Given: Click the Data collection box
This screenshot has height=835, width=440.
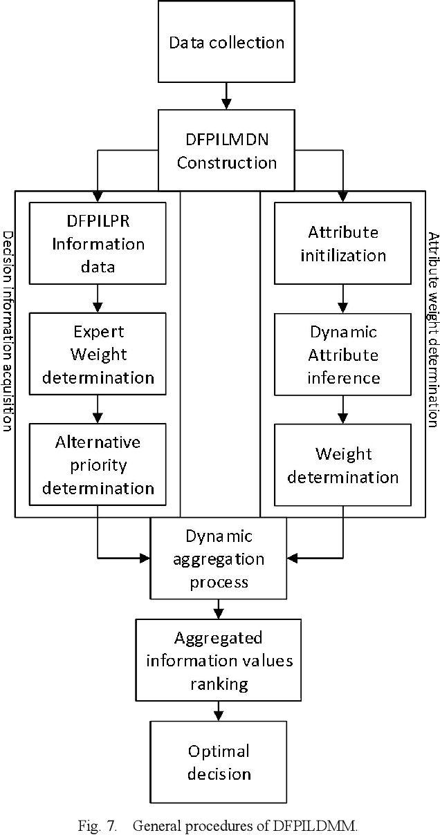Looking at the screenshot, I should pos(226,41).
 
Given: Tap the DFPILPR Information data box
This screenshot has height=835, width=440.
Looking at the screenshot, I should pos(98,243).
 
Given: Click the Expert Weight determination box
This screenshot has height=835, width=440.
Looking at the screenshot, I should pos(98,355).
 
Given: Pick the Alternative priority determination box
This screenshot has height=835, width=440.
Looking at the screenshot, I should pos(98,465).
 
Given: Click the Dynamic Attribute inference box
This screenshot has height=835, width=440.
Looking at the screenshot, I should pos(344,355).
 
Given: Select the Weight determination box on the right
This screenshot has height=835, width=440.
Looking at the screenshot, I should pos(344,465).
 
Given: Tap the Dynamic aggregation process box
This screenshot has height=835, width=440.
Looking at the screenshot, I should pos(219,559).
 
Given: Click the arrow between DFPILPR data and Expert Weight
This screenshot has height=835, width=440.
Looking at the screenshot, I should pos(98,297).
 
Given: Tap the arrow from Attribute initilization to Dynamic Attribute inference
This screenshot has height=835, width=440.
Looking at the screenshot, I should pos(344,297).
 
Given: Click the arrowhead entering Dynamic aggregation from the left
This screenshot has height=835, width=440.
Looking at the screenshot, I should pos(145,556).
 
